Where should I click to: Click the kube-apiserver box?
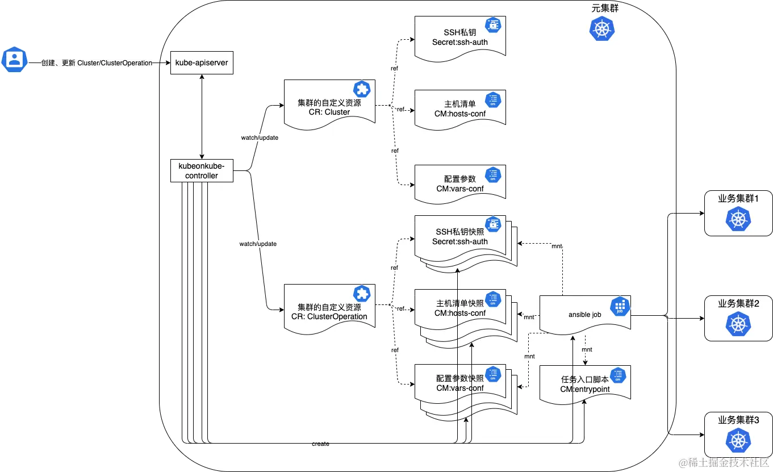click(202, 62)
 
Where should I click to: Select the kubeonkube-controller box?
click(202, 171)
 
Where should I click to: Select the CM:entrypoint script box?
click(584, 384)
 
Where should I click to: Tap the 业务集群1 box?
click(738, 213)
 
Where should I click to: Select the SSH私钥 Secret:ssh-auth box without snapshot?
click(459, 37)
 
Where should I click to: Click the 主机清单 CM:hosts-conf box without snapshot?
click(459, 108)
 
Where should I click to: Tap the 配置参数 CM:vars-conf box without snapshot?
click(459, 183)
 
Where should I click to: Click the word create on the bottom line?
click(320, 444)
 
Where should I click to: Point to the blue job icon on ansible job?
click(620, 307)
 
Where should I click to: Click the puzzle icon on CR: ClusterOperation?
click(361, 294)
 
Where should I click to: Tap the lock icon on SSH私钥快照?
click(492, 224)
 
